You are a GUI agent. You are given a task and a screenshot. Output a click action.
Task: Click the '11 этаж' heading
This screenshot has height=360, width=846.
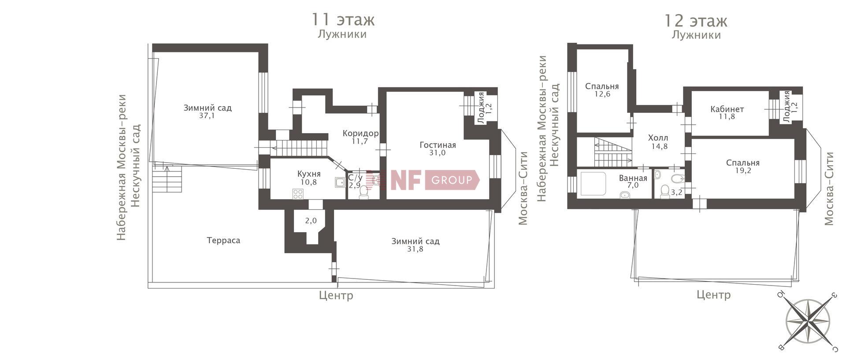pyautogui.click(x=343, y=20)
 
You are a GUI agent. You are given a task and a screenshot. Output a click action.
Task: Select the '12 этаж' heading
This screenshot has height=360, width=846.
pyautogui.click(x=695, y=21)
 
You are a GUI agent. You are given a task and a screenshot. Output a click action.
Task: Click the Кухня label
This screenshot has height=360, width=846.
pyautogui.click(x=309, y=174)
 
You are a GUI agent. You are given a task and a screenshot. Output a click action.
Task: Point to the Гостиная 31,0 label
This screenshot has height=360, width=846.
pyautogui.click(x=438, y=149)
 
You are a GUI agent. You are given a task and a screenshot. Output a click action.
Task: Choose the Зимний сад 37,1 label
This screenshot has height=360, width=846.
pyautogui.click(x=208, y=111)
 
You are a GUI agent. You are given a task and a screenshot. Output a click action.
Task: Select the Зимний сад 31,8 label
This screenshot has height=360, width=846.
pyautogui.click(x=415, y=245)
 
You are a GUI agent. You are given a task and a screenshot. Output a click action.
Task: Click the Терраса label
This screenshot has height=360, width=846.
pyautogui.click(x=223, y=241)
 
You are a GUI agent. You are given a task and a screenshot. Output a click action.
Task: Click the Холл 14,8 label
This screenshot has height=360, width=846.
pyautogui.click(x=659, y=142)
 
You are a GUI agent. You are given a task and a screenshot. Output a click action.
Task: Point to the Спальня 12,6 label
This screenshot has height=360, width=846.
pyautogui.click(x=602, y=90)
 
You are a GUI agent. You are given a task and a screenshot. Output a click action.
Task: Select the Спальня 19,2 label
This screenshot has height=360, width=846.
pyautogui.click(x=743, y=167)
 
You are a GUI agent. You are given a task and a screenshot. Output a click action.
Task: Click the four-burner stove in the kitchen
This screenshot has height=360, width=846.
pyautogui.click(x=298, y=193)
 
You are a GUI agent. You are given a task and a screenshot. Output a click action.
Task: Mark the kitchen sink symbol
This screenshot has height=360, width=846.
pyautogui.click(x=340, y=182)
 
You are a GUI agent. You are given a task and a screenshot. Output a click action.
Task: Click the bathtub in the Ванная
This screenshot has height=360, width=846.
pyautogui.click(x=594, y=184)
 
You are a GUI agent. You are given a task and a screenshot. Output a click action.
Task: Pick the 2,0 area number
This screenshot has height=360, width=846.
pyautogui.click(x=311, y=221)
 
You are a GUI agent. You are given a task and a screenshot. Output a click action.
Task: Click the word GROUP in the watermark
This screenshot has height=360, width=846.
pyautogui.click(x=452, y=180)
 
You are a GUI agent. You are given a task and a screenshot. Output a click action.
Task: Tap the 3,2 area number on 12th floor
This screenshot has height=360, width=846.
pyautogui.click(x=676, y=192)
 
